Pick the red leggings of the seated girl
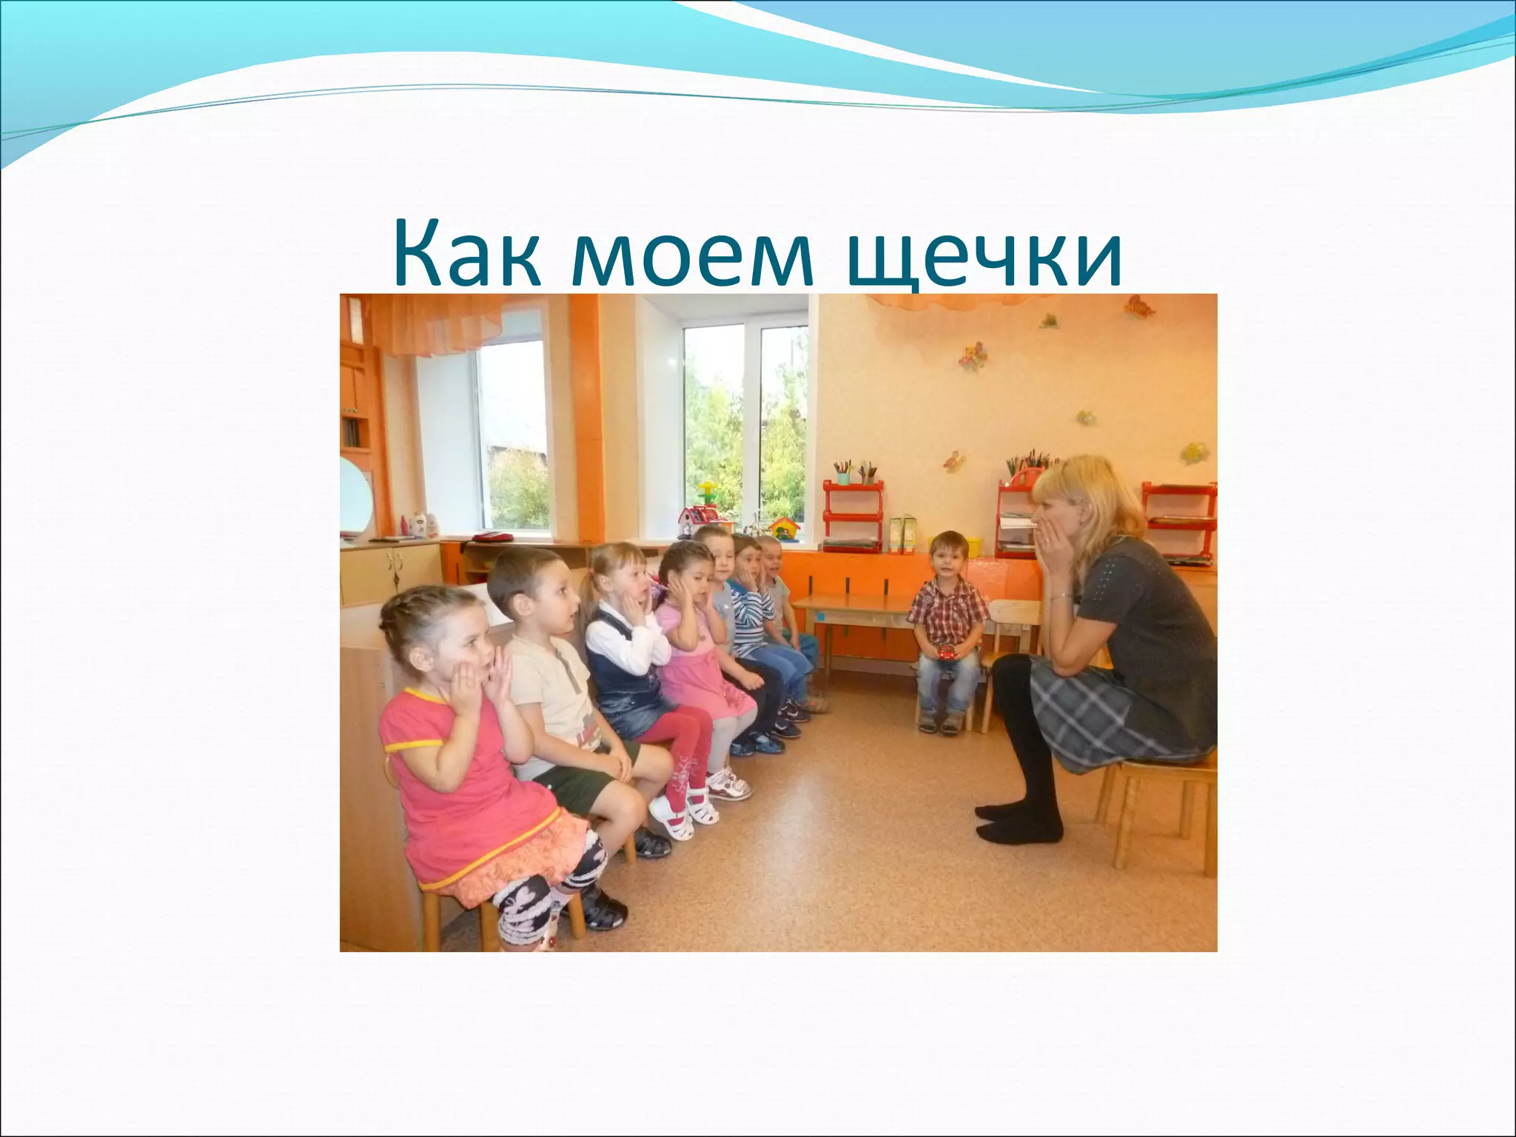[685, 748]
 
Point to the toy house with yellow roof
[784, 527]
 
